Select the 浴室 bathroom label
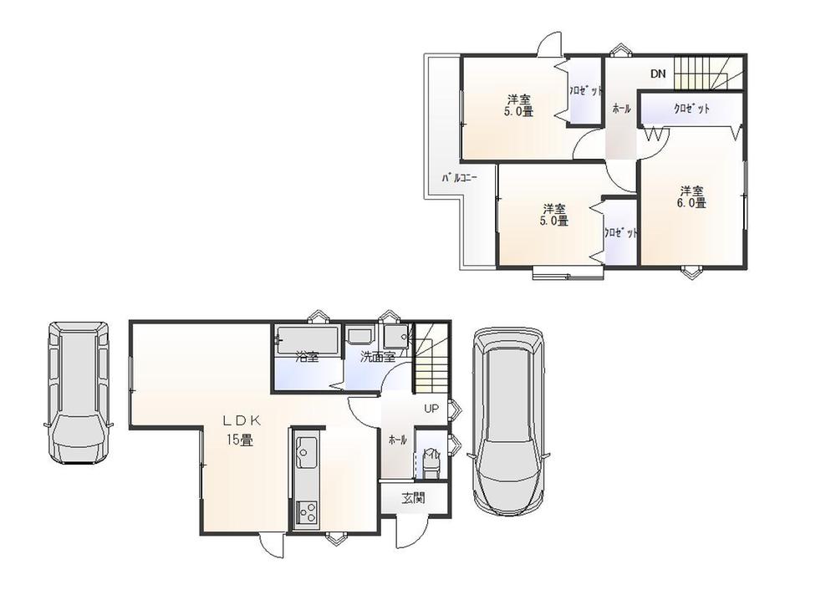307,357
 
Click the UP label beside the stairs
431,409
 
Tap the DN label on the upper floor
658,74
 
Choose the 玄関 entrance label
412,498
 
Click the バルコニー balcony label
459,177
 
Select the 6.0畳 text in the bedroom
691,202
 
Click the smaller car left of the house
78,391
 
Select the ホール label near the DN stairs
620,109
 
